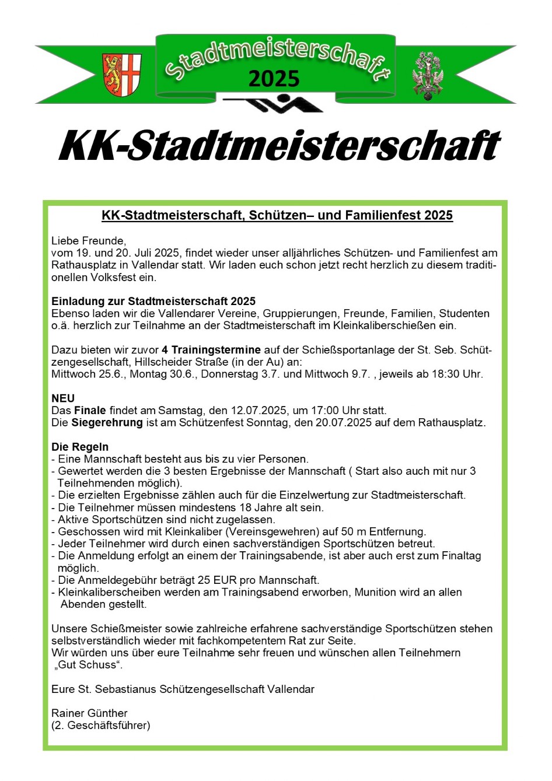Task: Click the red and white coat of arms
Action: pos(122,75)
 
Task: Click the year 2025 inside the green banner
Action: pos(274,79)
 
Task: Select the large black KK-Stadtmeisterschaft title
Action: pos(279,146)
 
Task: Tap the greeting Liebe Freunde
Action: pos(89,240)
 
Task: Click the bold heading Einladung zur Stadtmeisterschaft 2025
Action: pos(153,301)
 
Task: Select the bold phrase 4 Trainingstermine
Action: pos(211,350)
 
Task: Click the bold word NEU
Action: pos(63,398)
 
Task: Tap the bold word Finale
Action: pos(90,411)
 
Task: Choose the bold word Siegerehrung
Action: pos(107,422)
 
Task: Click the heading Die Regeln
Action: pos(80,447)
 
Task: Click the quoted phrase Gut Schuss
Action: pos(88,665)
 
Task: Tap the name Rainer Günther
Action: pos(89,713)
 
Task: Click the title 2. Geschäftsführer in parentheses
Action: pos(101,725)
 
